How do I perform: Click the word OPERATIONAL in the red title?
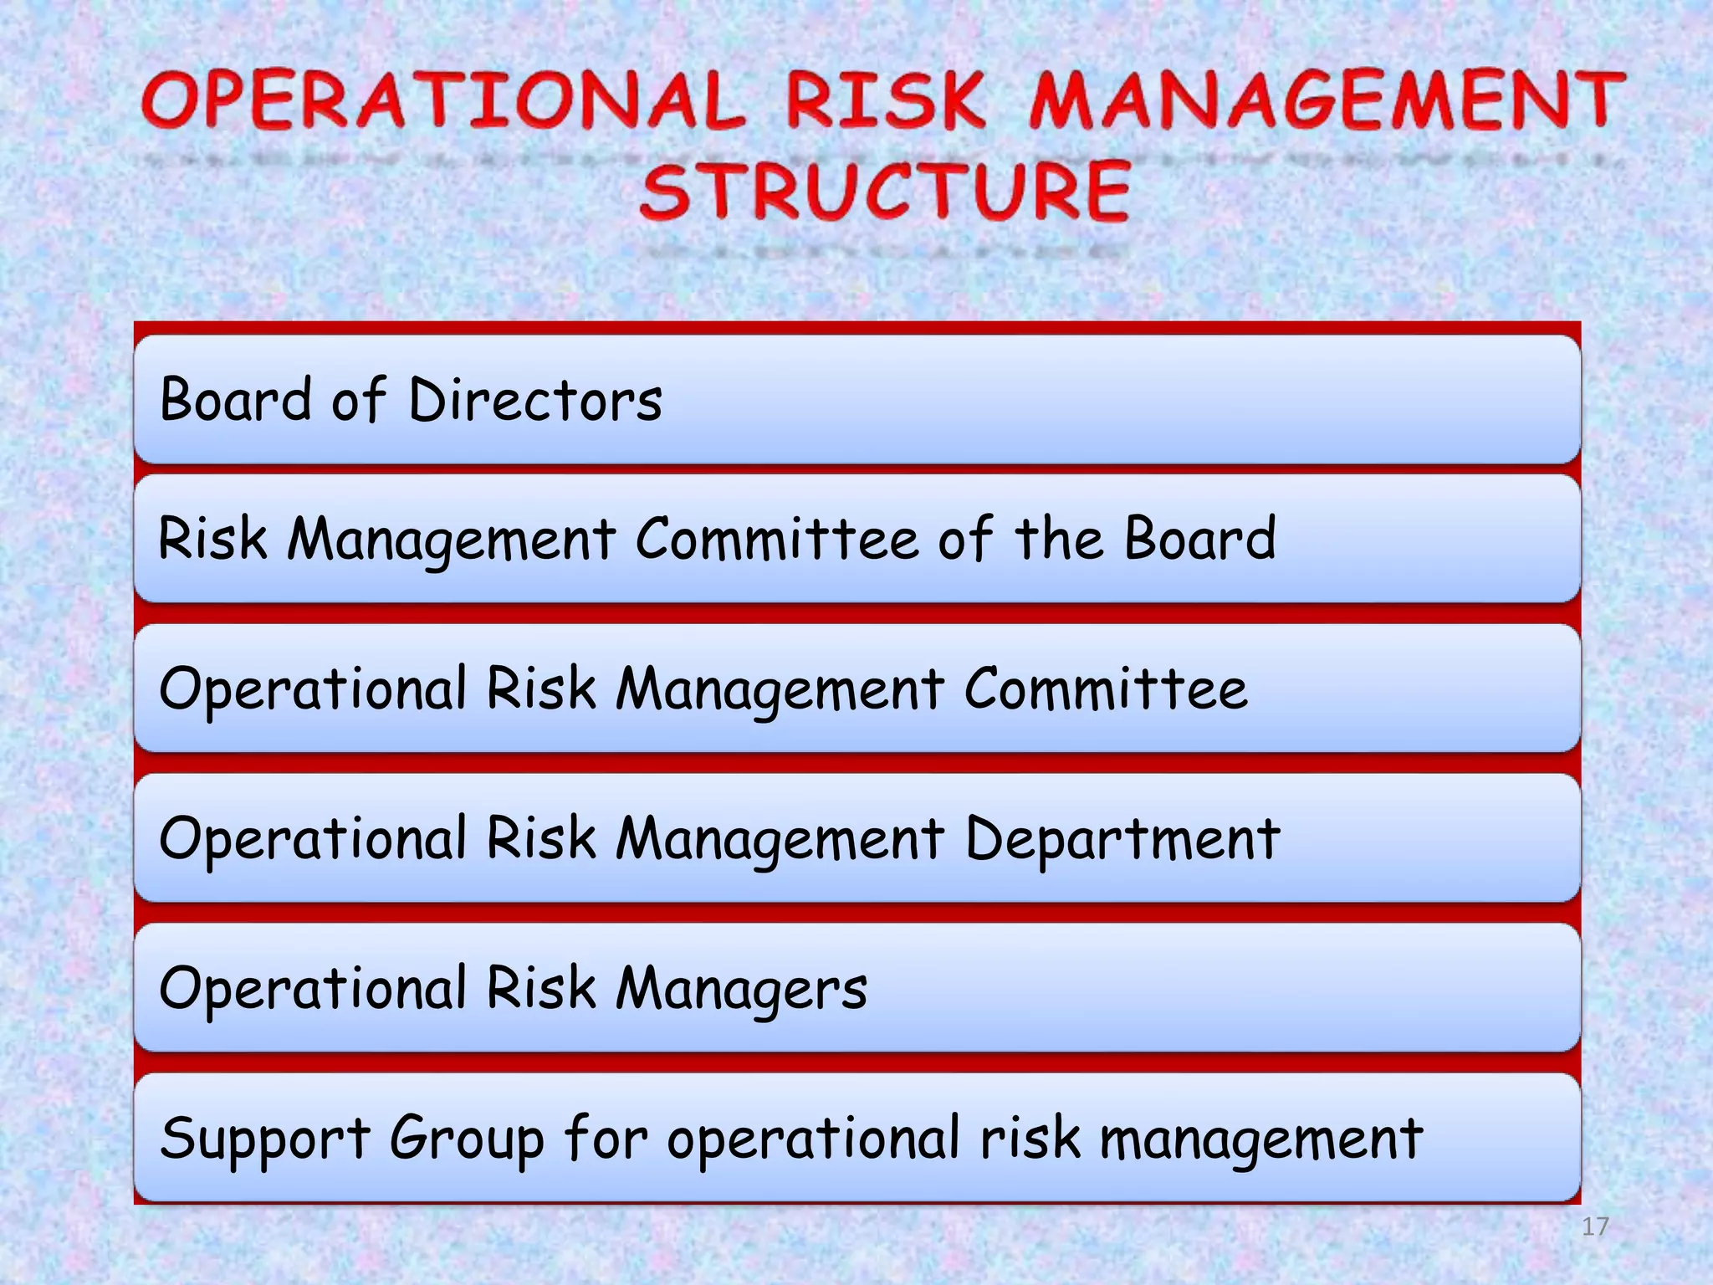[442, 102]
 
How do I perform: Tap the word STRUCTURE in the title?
[885, 191]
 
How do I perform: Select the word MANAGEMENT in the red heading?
[1327, 102]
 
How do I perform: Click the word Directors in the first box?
[535, 399]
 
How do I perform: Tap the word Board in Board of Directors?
[236, 399]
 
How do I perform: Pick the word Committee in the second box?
[776, 538]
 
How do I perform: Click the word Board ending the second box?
[1199, 538]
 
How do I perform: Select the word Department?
[1122, 838]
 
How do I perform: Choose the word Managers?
[741, 988]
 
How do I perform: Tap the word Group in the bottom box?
[467, 1139]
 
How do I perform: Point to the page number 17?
[1595, 1226]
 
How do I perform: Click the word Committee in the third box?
[1106, 689]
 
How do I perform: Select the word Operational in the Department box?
[313, 838]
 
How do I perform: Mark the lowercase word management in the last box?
[1260, 1139]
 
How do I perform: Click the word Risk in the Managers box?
[541, 988]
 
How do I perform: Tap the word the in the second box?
[1059, 538]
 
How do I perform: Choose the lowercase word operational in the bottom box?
[813, 1139]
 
